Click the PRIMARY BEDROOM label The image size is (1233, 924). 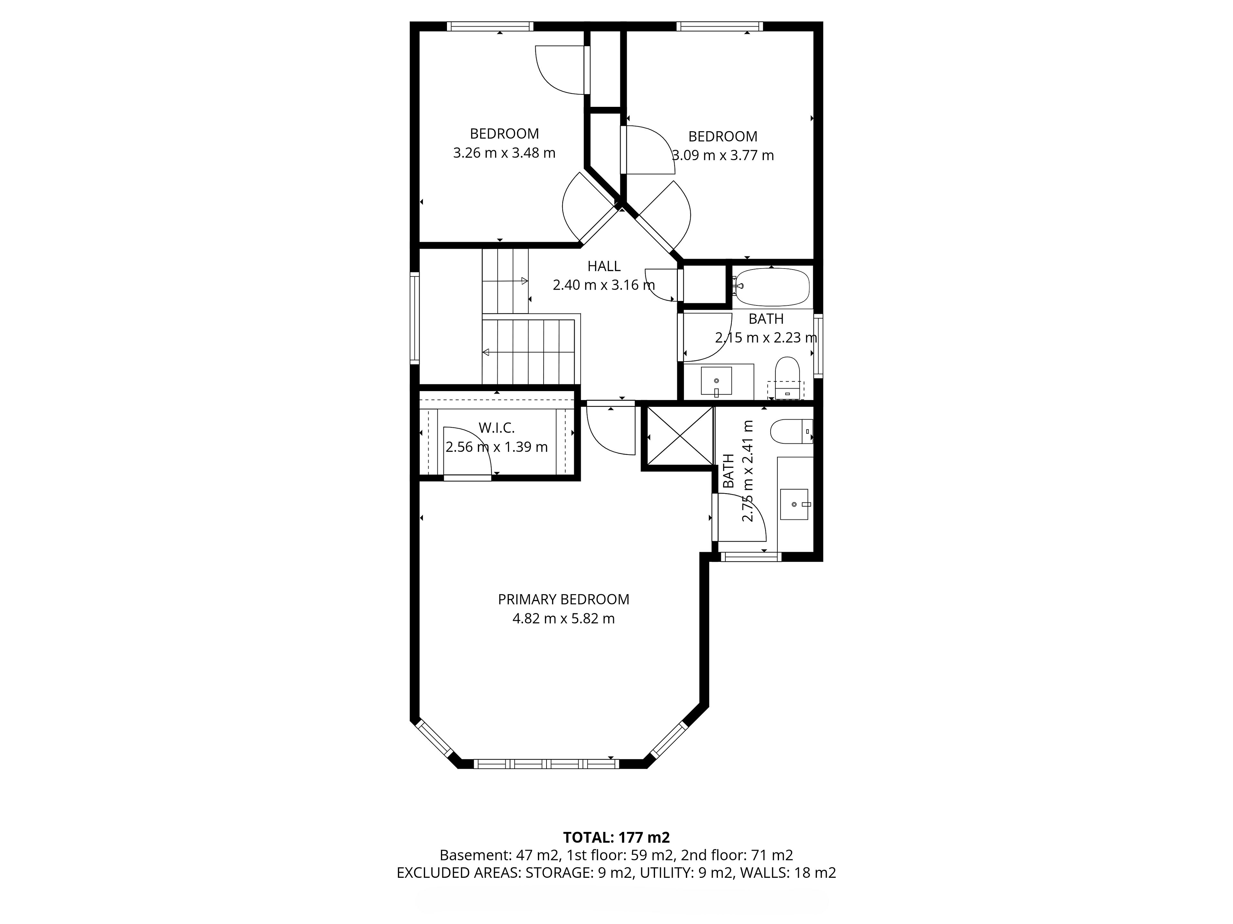[564, 599]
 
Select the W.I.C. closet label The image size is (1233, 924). [497, 428]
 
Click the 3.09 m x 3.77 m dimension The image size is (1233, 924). [723, 155]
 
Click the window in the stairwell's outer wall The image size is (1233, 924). [415, 318]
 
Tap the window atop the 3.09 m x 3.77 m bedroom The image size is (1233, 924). [719, 26]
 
